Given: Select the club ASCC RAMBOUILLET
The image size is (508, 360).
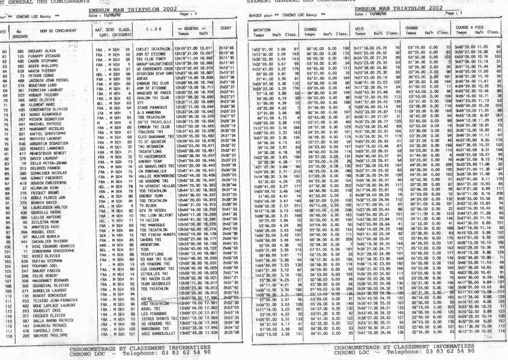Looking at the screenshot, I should tap(151, 349).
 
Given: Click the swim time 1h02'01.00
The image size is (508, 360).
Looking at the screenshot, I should tap(262, 46).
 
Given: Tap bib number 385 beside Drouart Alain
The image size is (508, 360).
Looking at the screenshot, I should tap(20, 52).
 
